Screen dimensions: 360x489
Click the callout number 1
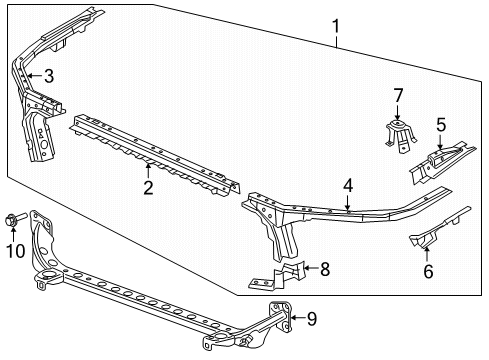[337, 26]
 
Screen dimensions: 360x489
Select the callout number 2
[147, 186]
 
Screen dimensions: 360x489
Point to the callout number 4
[348, 185]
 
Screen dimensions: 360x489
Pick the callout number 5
[440, 125]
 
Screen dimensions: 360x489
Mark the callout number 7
[397, 96]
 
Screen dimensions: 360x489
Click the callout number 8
[323, 268]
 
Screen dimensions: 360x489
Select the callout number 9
[311, 319]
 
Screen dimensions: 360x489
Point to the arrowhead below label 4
[348, 207]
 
